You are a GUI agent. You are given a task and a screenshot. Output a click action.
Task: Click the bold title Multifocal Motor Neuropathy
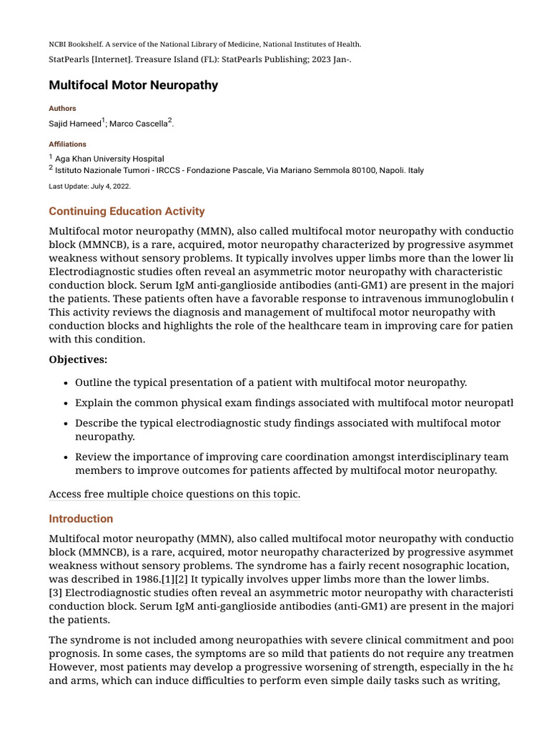pyautogui.click(x=133, y=86)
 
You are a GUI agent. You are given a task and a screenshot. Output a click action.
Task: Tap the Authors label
pyautogui.click(x=62, y=109)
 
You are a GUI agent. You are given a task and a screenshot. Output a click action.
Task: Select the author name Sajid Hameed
pyautogui.click(x=74, y=124)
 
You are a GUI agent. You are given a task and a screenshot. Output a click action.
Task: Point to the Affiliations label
pyautogui.click(x=67, y=144)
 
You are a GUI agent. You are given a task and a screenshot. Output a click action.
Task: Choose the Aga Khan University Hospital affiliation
pyautogui.click(x=109, y=159)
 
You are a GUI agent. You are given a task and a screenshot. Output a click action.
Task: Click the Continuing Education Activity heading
pyautogui.click(x=127, y=212)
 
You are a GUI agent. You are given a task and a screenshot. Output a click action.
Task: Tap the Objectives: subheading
pyautogui.click(x=78, y=360)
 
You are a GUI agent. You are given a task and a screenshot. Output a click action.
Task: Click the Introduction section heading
pyautogui.click(x=81, y=519)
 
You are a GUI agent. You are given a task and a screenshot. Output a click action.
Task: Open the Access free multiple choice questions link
pyautogui.click(x=174, y=495)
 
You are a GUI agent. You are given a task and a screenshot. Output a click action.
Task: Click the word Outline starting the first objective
pyautogui.click(x=94, y=383)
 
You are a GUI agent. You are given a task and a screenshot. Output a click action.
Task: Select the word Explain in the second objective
pyautogui.click(x=94, y=403)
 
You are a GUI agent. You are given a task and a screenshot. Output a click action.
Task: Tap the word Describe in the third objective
pyautogui.click(x=97, y=423)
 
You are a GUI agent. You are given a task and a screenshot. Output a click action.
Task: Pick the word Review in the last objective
pyautogui.click(x=92, y=457)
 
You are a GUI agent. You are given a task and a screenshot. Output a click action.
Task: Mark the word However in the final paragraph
pyautogui.click(x=73, y=666)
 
